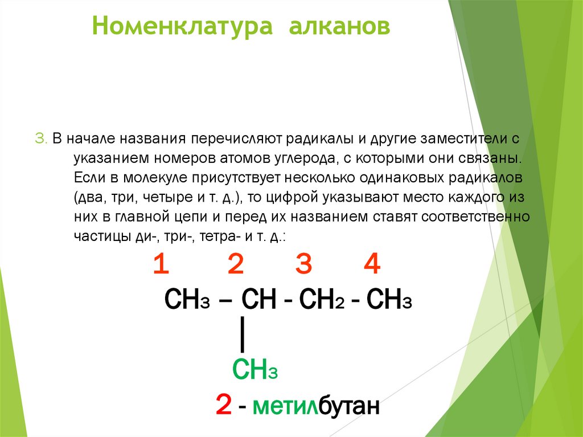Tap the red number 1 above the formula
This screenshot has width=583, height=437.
tap(161, 265)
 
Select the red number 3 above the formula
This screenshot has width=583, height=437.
tap(304, 265)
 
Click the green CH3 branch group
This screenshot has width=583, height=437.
tap(254, 370)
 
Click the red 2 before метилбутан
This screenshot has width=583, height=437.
tap(223, 406)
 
